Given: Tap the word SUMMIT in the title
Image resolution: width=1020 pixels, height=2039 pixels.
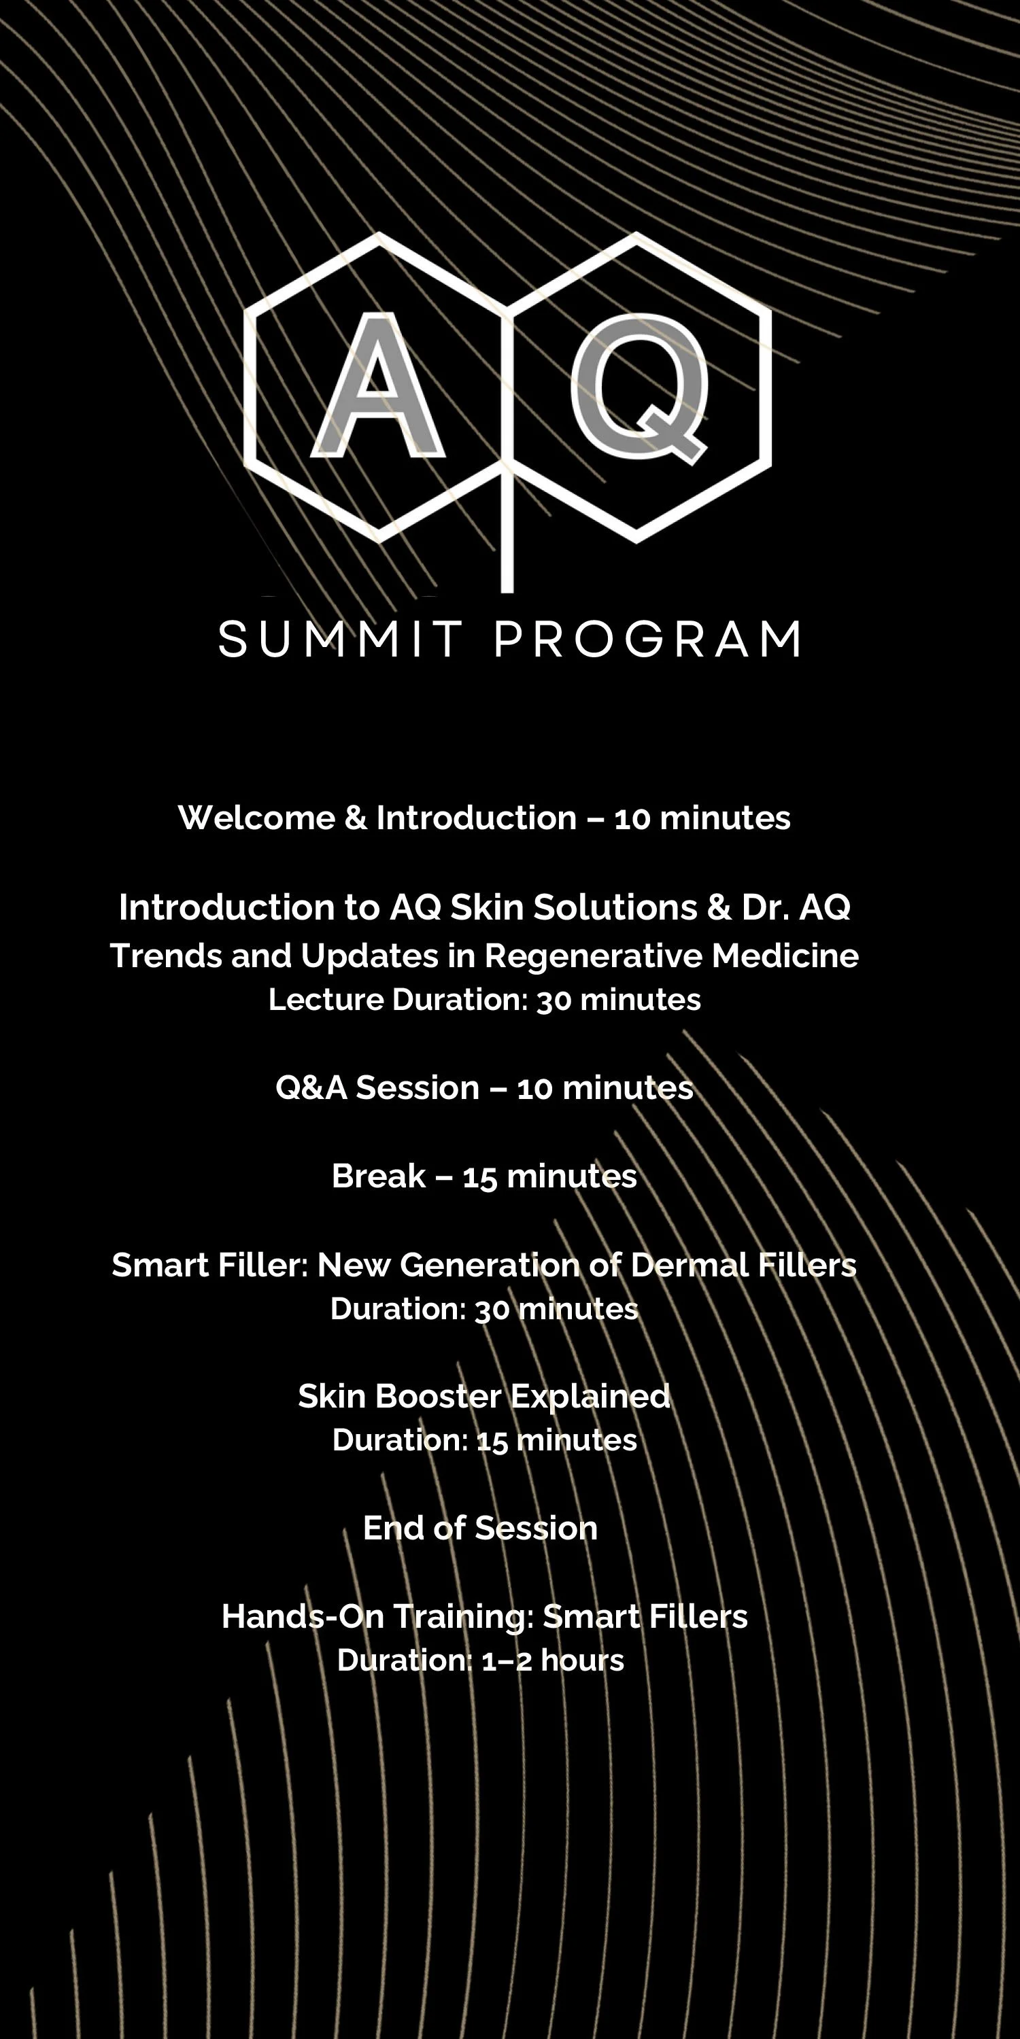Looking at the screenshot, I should [341, 640].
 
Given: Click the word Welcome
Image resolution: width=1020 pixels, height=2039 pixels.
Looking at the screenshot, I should [256, 818].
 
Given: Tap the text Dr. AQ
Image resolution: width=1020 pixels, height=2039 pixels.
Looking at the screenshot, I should [795, 907].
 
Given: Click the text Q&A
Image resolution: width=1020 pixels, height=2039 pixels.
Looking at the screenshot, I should [311, 1088].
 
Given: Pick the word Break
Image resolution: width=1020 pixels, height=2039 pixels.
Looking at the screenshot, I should [378, 1177].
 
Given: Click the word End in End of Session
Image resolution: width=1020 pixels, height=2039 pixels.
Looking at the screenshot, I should [391, 1529].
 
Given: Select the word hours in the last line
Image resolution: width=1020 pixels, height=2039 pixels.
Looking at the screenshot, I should [582, 1660].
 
